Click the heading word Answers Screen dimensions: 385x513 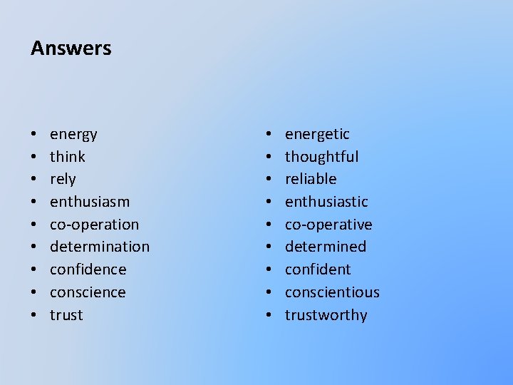pyautogui.click(x=71, y=48)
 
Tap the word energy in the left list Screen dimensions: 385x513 pyautogui.click(x=73, y=134)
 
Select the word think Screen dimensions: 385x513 pyautogui.click(x=68, y=157)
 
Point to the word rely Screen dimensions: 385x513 pyautogui.click(x=63, y=179)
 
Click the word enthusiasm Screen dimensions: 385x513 pyautogui.click(x=90, y=202)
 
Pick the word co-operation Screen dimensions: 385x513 pyautogui.click(x=94, y=225)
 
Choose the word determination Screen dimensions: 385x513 pyautogui.click(x=100, y=247)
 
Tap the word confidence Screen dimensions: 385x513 pyautogui.click(x=88, y=269)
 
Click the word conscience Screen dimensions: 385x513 pyautogui.click(x=88, y=292)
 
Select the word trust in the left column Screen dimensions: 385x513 pyautogui.click(x=66, y=315)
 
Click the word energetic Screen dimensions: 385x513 pyautogui.click(x=317, y=134)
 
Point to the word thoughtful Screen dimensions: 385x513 pyautogui.click(x=321, y=157)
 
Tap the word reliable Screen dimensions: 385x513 pyautogui.click(x=311, y=179)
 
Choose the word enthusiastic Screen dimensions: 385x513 pyautogui.click(x=326, y=202)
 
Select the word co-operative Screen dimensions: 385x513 pyautogui.click(x=328, y=225)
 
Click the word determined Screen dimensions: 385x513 pyautogui.click(x=326, y=247)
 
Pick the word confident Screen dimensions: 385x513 pyautogui.click(x=318, y=269)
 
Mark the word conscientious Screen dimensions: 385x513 pyautogui.click(x=332, y=292)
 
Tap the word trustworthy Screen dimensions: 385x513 pyautogui.click(x=326, y=315)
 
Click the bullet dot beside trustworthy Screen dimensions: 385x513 pyautogui.click(x=269, y=315)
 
